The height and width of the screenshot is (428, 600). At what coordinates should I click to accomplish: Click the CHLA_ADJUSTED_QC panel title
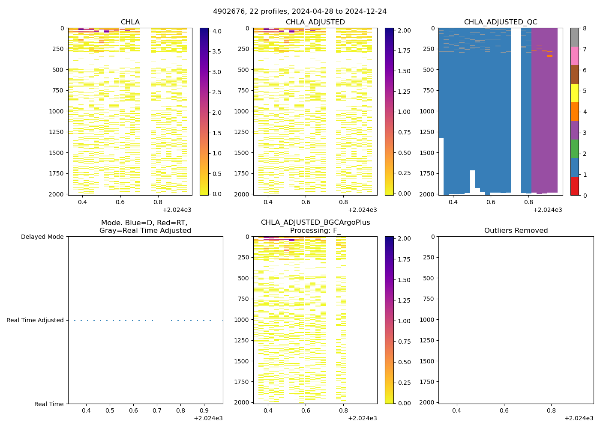pyautogui.click(x=501, y=22)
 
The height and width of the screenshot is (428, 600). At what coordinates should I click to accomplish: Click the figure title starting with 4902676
pyautogui.click(x=300, y=11)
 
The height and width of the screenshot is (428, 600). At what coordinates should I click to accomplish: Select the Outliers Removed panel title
pyautogui.click(x=516, y=231)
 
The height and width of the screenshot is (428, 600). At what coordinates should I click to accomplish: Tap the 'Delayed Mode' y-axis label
pyautogui.click(x=42, y=237)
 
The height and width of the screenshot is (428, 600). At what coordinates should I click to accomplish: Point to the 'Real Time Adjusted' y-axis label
pyautogui.click(x=35, y=320)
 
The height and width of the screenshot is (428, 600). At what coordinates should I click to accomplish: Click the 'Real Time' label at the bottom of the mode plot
pyautogui.click(x=49, y=404)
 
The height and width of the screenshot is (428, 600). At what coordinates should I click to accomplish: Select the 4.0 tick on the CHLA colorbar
pyautogui.click(x=217, y=31)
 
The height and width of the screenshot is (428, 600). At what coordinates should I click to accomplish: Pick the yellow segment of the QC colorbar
pyautogui.click(x=574, y=93)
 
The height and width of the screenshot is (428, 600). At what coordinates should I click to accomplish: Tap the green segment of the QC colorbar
pyautogui.click(x=574, y=149)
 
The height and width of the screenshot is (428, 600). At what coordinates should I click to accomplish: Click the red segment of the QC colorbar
pyautogui.click(x=574, y=186)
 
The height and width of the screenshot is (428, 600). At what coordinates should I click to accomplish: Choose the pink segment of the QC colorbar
pyautogui.click(x=574, y=56)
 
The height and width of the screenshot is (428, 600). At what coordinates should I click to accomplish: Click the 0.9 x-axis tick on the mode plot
pyautogui.click(x=204, y=411)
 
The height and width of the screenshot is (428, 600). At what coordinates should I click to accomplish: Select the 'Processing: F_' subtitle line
pyautogui.click(x=315, y=231)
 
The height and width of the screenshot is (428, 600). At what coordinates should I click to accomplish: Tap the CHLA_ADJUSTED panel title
pyautogui.click(x=315, y=22)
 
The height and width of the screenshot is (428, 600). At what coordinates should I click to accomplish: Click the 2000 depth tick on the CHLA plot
pyautogui.click(x=56, y=194)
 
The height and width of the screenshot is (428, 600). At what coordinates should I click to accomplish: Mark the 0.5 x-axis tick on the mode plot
pyautogui.click(x=110, y=411)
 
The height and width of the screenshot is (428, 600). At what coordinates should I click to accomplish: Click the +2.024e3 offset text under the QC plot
pyautogui.click(x=547, y=210)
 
